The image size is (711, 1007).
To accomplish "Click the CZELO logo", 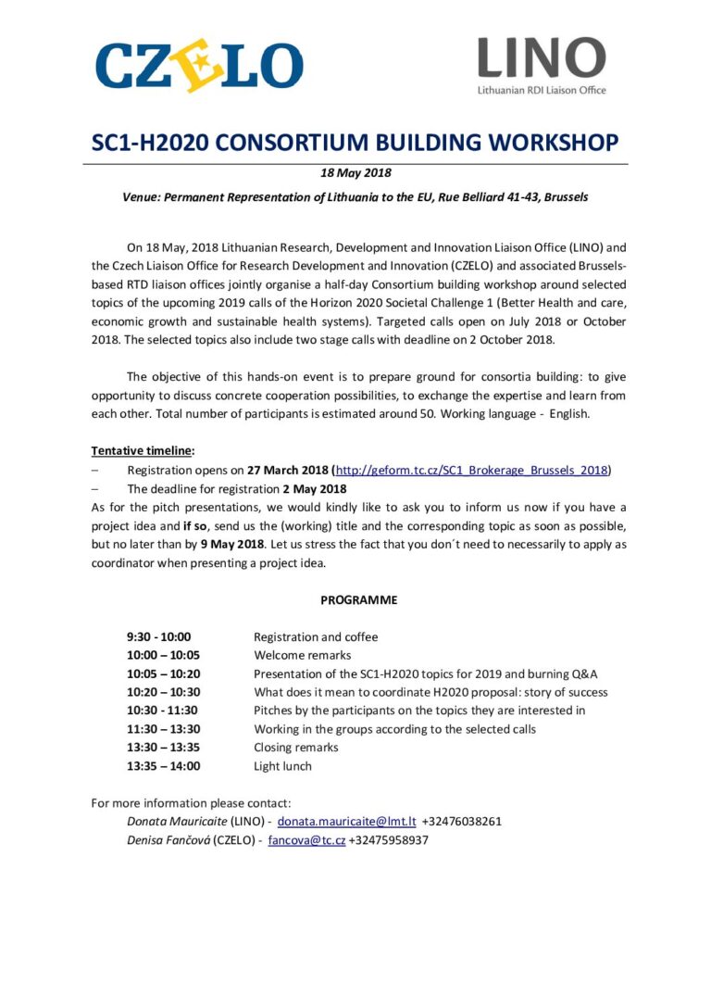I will [x=198, y=65].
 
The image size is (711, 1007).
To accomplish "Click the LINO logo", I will [x=542, y=65].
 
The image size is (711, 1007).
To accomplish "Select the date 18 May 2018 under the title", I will [x=356, y=173].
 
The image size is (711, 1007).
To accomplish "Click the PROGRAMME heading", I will [x=359, y=599].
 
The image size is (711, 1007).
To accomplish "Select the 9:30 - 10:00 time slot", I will [x=158, y=636].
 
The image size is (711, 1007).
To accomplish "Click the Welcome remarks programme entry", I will [x=302, y=655].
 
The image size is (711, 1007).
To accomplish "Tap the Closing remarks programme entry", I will [x=296, y=748].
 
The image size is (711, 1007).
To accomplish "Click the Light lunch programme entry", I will [x=282, y=766].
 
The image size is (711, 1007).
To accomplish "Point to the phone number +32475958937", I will [x=389, y=840].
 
